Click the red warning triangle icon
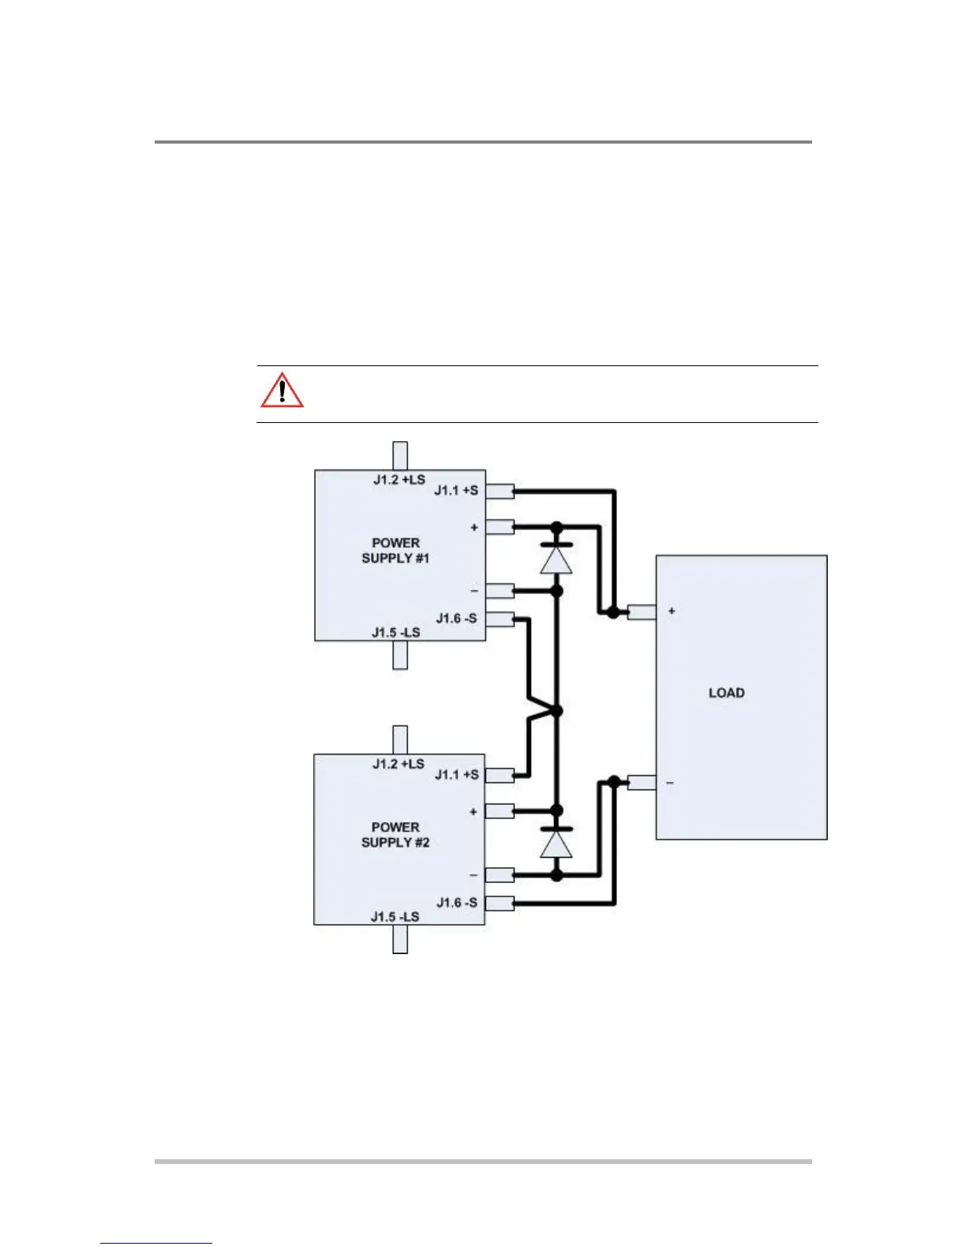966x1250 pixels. pos(282,390)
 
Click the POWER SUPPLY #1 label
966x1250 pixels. pos(395,551)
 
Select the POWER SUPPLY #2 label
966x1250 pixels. pos(395,835)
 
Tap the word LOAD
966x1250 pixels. pos(726,693)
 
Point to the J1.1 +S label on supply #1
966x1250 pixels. pos(456,490)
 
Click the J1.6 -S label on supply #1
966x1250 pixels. pos(456,618)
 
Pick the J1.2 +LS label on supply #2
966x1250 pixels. pos(399,764)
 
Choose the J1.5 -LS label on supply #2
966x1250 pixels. pos(395,917)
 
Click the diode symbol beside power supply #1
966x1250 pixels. pos(556,558)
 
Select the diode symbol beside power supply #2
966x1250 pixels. pos(556,843)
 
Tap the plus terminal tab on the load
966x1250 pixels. pos(642,612)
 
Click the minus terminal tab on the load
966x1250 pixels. pos(642,782)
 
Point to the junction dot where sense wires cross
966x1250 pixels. pos(556,711)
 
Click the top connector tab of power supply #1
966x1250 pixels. pos(400,455)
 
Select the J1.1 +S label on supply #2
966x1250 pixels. pos(456,775)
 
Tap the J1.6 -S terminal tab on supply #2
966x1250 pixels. pos(500,904)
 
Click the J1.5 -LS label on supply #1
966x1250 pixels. pos(395,633)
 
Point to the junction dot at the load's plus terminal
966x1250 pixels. pos(613,612)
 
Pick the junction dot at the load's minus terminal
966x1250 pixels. pos(614,782)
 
